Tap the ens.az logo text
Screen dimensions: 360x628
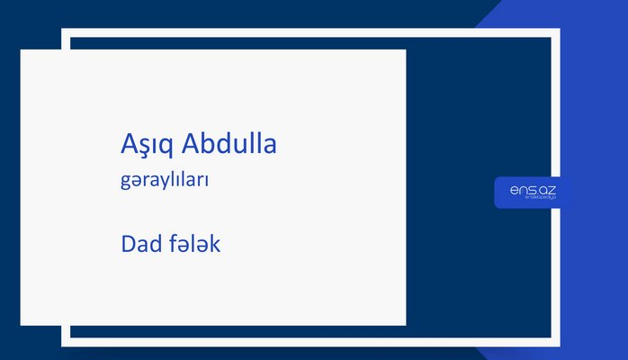pyautogui.click(x=532, y=190)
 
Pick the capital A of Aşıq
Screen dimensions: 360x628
pyautogui.click(x=129, y=144)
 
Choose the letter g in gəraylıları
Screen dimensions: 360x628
pyautogui.click(x=124, y=183)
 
